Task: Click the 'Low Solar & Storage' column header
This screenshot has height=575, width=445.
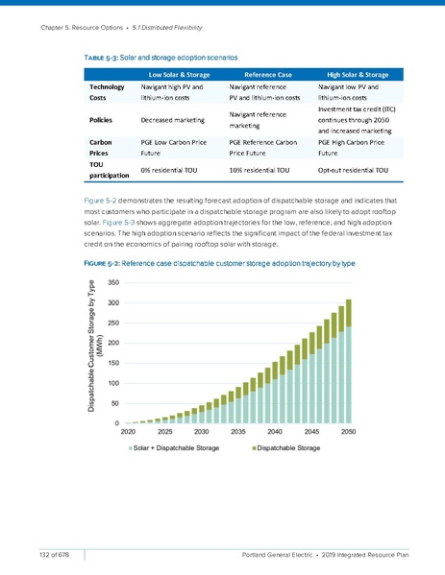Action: (180, 74)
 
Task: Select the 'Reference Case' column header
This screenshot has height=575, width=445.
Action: (269, 74)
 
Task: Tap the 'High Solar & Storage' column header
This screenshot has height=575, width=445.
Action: (358, 74)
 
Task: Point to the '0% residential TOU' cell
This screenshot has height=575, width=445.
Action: (173, 170)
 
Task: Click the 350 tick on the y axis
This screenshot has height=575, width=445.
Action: (113, 282)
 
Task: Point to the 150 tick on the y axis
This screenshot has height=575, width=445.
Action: (113, 363)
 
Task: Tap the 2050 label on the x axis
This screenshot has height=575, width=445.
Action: (349, 432)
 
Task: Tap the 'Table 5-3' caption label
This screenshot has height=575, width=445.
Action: (102, 59)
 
